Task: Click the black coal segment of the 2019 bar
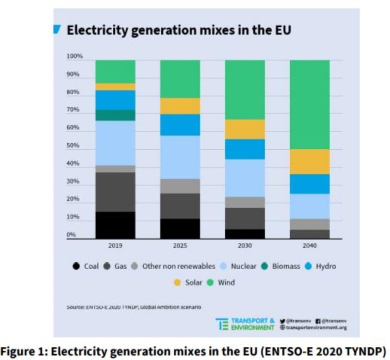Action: click(115, 225)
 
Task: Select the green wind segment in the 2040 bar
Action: click(310, 104)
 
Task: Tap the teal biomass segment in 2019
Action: click(115, 115)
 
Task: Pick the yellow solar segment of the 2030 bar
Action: click(245, 129)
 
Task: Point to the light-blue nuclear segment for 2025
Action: click(180, 157)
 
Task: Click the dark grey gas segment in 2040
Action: click(310, 234)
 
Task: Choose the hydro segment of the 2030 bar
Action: click(245, 149)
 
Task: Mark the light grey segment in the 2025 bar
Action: click(180, 186)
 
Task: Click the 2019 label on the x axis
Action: click(115, 246)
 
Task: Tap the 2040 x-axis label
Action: click(310, 246)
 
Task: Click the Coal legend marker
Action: click(76, 266)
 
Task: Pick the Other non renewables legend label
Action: click(179, 266)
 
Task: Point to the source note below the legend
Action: click(133, 307)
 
